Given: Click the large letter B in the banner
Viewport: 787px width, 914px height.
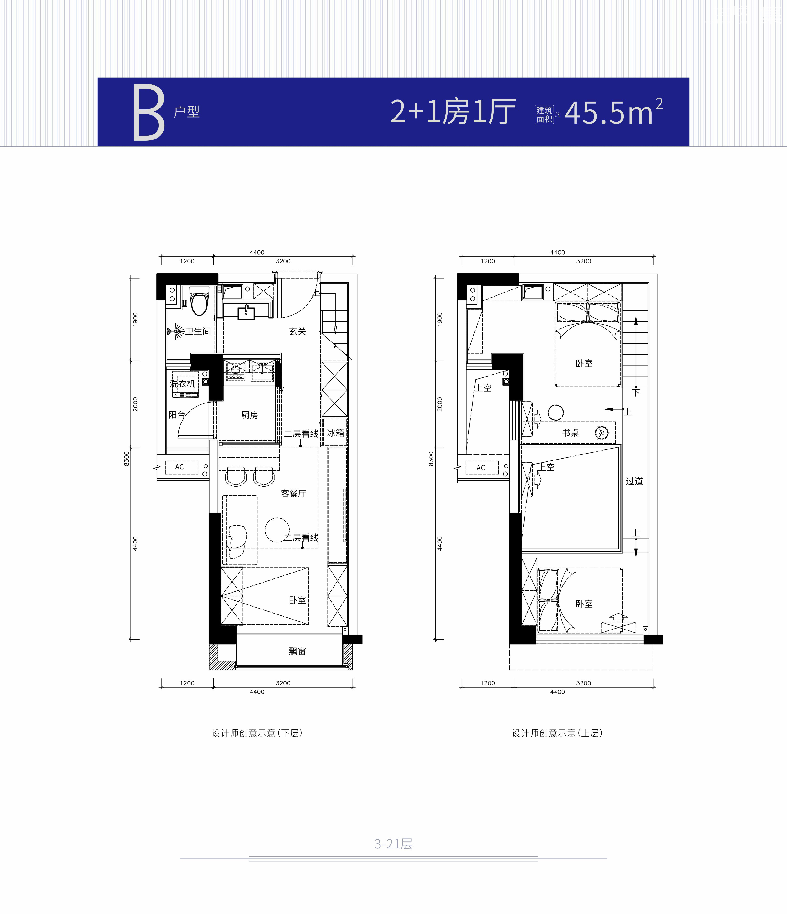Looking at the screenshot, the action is point(149,113).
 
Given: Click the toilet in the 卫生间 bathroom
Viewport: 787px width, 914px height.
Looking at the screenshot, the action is point(199,301).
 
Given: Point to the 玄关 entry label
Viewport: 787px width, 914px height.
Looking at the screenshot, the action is point(298,331).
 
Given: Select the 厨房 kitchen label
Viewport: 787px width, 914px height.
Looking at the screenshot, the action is point(250,415).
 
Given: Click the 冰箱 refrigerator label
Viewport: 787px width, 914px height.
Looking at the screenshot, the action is point(335,433).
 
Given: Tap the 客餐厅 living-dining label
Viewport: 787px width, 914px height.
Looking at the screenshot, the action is point(293,493).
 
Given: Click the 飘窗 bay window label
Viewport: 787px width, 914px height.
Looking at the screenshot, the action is point(297,651).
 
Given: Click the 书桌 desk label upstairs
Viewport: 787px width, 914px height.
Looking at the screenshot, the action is point(570,433).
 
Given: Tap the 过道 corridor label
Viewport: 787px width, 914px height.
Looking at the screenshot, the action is point(634,481).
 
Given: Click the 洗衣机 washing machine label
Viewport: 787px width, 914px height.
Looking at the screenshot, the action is point(182,384).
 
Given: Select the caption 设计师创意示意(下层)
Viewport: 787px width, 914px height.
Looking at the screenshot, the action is point(257,733).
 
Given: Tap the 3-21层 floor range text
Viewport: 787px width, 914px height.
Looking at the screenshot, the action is point(393,844).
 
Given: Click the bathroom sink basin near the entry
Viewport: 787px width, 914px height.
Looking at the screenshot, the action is point(246,313).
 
